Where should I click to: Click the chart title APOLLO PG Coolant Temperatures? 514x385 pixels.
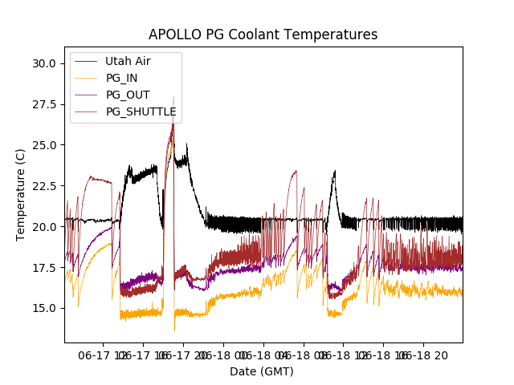263,34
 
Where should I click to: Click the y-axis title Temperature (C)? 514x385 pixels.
21,195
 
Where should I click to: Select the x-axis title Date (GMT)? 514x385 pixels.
262,371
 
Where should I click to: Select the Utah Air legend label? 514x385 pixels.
128,61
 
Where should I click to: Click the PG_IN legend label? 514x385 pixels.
121,78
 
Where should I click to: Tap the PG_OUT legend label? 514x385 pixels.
127,95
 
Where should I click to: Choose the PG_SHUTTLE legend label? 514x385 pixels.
141,111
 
